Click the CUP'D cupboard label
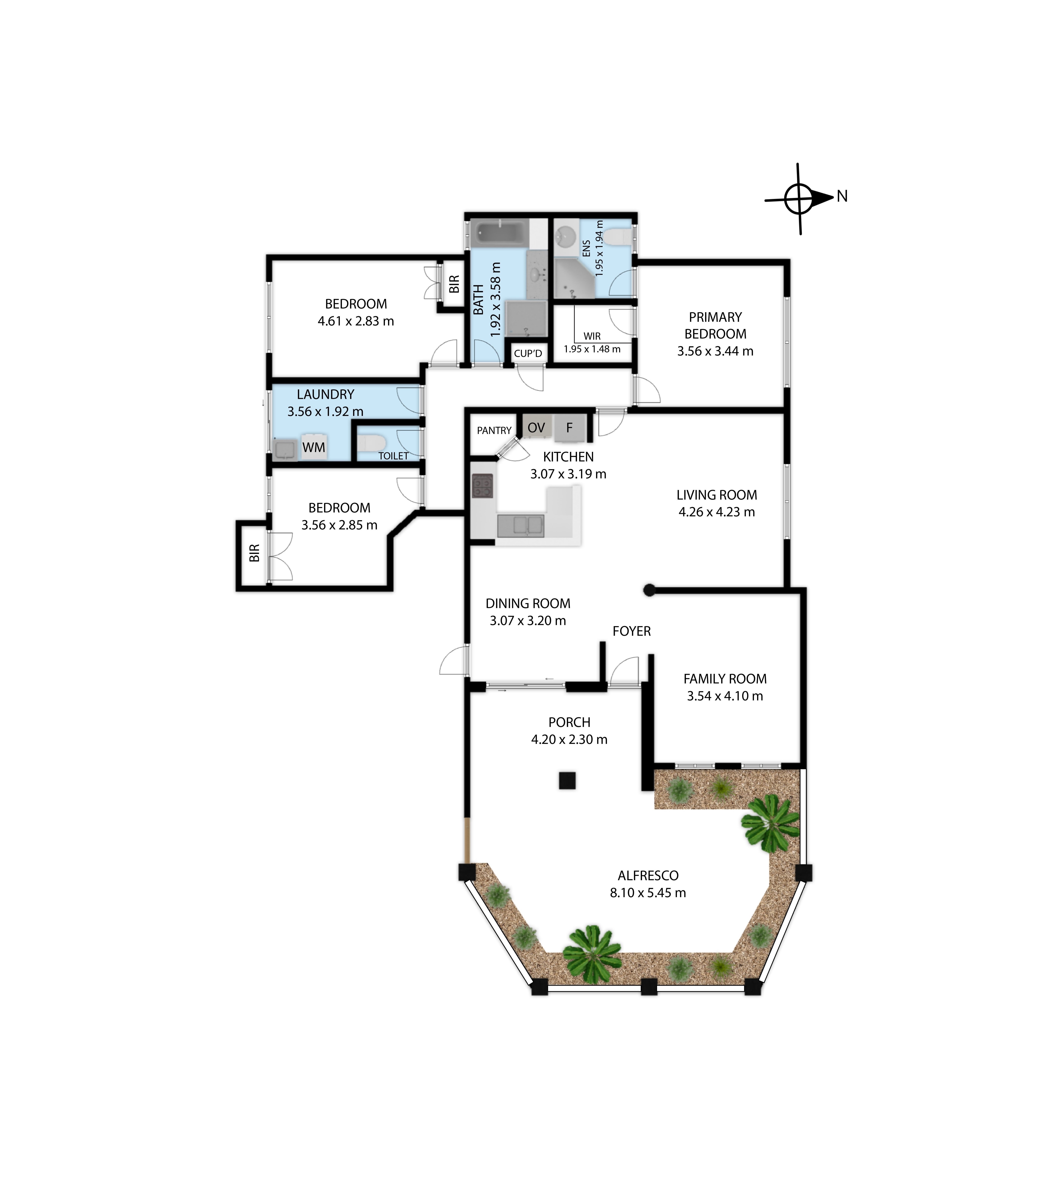tap(528, 354)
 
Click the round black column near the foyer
tap(649, 590)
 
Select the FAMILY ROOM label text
tap(725, 679)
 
